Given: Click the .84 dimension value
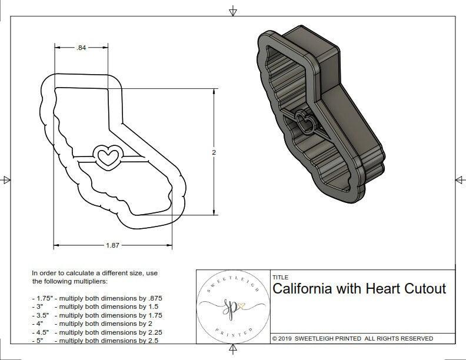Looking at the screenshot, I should coord(81,49).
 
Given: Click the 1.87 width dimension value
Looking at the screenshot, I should coord(112,245).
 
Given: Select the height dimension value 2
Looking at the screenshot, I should coord(214,152).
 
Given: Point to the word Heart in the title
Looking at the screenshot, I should coord(382,289).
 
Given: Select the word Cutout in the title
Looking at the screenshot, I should coord(425,289).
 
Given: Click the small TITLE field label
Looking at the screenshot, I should coord(279,276).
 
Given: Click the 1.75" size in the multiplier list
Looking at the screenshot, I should coord(41,298).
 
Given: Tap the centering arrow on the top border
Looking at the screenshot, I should coord(233,11).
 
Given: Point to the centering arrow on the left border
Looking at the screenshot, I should coord(6,179).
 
